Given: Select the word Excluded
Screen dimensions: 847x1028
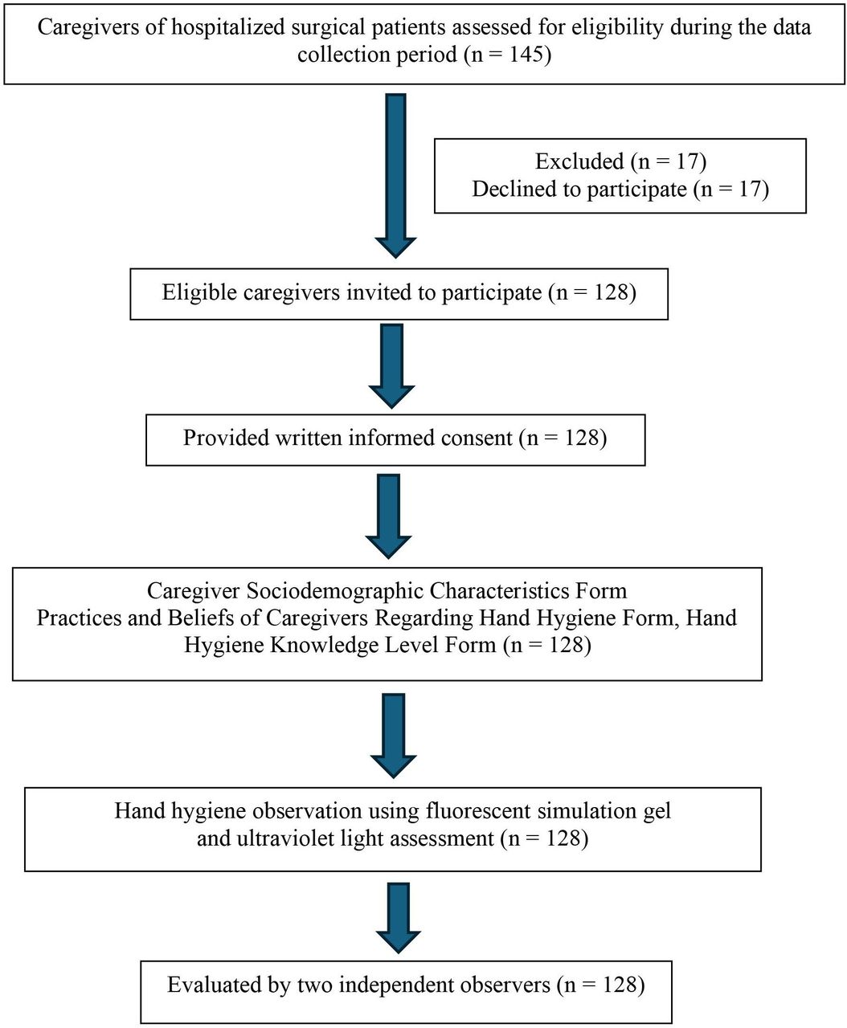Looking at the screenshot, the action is [x=579, y=161].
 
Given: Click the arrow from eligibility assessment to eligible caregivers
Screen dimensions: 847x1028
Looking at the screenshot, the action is [x=395, y=176].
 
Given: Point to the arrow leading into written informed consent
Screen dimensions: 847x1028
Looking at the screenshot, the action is [x=391, y=365].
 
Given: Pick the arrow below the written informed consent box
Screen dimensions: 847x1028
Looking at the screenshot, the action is [x=388, y=516].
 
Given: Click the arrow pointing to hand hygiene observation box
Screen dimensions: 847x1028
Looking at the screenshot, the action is [x=393, y=736].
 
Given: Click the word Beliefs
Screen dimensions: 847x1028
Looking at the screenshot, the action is [x=201, y=618].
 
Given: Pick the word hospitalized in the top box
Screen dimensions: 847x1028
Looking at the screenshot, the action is [x=229, y=27].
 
